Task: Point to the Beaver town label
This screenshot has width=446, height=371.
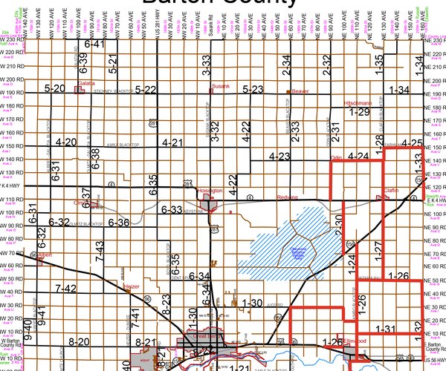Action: pyautogui.click(x=300, y=91)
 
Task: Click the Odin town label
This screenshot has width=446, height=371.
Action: pyautogui.click(x=335, y=157)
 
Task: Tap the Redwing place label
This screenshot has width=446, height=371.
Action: pyautogui.click(x=287, y=197)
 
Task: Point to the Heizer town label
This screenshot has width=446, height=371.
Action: pyautogui.click(x=131, y=285)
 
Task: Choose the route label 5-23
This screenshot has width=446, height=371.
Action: pyautogui.click(x=253, y=90)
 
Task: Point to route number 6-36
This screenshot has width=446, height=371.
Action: pyautogui.click(x=119, y=222)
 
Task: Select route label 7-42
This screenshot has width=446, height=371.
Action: pyautogui.click(x=66, y=289)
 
